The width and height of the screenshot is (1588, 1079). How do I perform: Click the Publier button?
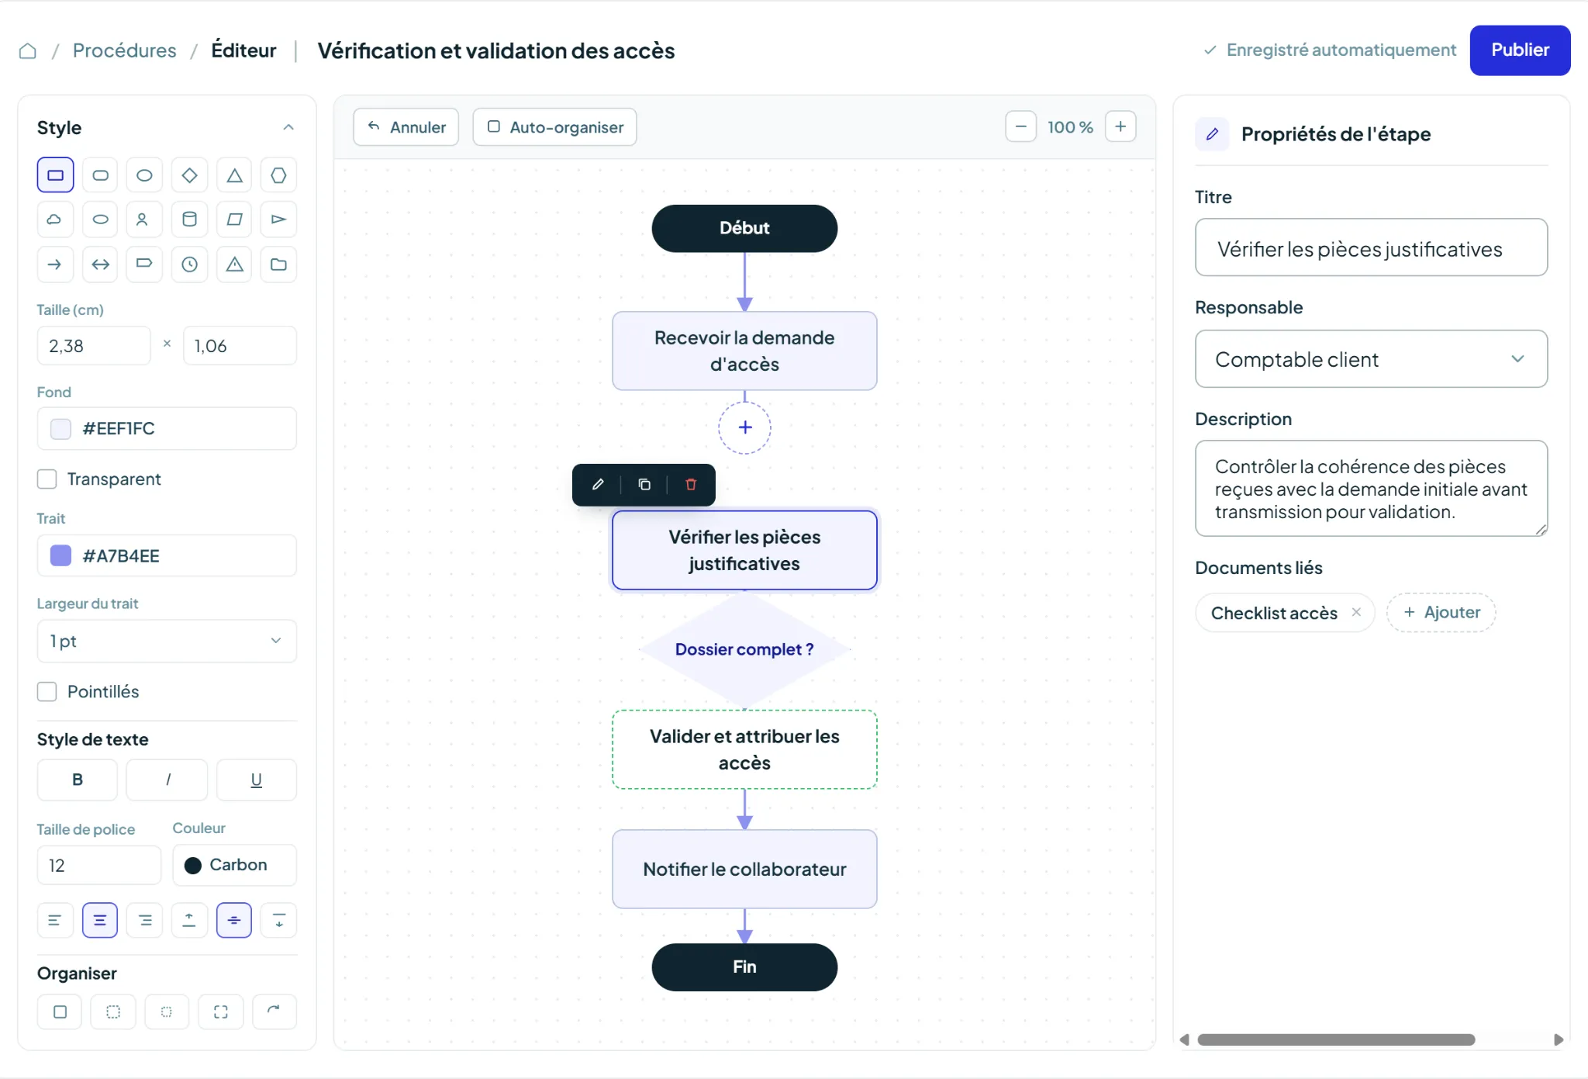(1520, 50)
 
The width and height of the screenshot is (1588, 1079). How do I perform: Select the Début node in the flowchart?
(744, 228)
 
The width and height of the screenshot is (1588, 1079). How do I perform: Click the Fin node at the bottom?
(744, 967)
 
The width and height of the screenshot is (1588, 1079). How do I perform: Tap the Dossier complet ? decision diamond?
(744, 649)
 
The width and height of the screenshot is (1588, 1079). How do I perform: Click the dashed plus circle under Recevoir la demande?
(744, 427)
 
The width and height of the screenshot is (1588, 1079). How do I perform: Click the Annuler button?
(406, 127)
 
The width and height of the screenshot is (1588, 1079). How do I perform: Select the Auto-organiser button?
(555, 127)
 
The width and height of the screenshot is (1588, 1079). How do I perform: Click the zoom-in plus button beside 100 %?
(1120, 126)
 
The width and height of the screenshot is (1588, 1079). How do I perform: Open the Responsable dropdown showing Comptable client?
(1371, 359)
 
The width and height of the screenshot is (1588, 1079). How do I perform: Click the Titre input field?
(1371, 248)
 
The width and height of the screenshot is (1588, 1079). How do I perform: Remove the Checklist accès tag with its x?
(1356, 612)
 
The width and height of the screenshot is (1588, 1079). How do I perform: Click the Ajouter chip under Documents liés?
(1441, 613)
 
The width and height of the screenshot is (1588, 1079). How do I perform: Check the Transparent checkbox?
(47, 479)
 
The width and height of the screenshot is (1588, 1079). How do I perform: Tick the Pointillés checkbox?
(47, 692)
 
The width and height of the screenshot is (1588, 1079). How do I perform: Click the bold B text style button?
(78, 780)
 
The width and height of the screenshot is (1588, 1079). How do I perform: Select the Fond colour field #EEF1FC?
(167, 429)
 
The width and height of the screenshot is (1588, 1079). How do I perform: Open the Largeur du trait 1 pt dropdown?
(167, 642)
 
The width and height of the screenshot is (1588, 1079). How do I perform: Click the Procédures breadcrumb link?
(125, 50)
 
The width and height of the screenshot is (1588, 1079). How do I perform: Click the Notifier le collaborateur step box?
(744, 870)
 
